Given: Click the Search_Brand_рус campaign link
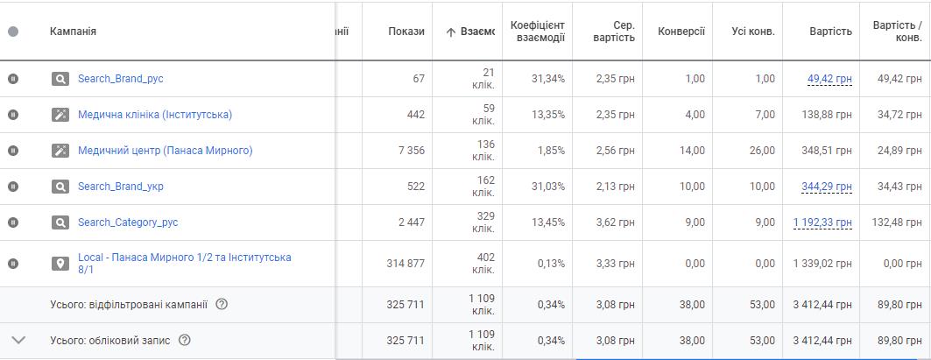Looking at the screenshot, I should tap(120, 79).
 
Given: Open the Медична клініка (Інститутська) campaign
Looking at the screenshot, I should tap(154, 115).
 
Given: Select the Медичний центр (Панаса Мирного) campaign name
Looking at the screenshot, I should tap(165, 151).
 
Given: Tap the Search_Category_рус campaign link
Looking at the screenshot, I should tap(127, 222).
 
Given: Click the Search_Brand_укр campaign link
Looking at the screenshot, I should tap(120, 187).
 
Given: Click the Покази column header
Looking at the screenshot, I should tap(406, 32).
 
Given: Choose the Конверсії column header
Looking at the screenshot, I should tap(681, 32).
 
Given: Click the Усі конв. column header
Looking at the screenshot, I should tap(752, 32).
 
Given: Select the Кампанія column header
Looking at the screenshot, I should tap(73, 32).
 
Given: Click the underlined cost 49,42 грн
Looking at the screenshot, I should tap(829, 79).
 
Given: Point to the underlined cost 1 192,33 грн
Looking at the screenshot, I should tap(822, 222).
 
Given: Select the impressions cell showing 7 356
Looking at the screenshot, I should tap(411, 151).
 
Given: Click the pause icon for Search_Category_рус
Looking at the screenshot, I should tap(13, 222).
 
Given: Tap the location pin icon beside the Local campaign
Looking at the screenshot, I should tap(60, 264).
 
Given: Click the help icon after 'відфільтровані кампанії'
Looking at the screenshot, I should tap(222, 305).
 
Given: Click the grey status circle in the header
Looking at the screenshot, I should tap(13, 32).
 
